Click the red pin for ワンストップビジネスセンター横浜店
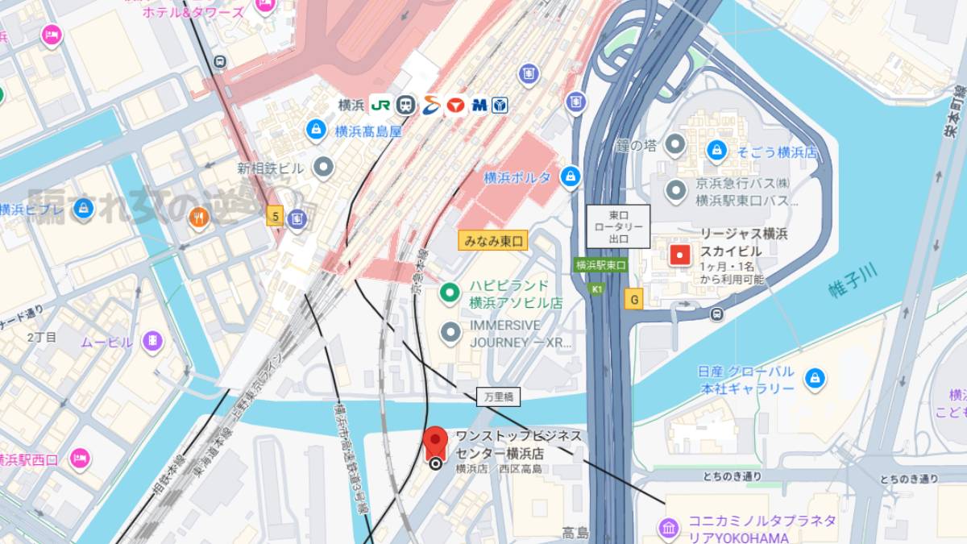(436, 442)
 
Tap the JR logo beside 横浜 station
(380, 105)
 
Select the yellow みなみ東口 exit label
(492, 240)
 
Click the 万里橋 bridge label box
(498, 397)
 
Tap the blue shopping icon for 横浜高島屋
(316, 130)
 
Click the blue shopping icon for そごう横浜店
(716, 150)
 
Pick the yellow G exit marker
(634, 300)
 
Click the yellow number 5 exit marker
(276, 216)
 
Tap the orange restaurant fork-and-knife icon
(198, 217)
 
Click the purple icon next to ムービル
(151, 342)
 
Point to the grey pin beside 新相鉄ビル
(323, 168)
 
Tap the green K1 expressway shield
(597, 289)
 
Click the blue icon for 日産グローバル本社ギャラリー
(815, 377)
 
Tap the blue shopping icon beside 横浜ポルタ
(571, 176)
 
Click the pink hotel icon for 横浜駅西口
(79, 459)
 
